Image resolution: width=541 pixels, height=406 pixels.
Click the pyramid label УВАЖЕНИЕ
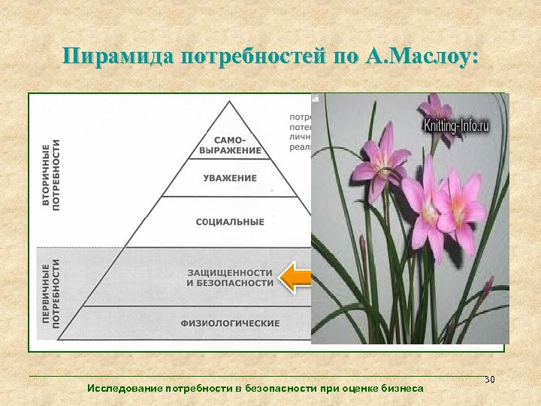pyautogui.click(x=230, y=178)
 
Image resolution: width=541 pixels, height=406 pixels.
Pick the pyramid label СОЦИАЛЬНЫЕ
pyautogui.click(x=230, y=222)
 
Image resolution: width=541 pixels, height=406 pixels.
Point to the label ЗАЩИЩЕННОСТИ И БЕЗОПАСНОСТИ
pyautogui.click(x=230, y=277)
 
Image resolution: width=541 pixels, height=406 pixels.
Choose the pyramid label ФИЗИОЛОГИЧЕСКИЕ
pyautogui.click(x=230, y=323)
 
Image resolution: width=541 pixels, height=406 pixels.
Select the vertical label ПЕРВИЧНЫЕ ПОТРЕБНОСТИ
pyautogui.click(x=51, y=292)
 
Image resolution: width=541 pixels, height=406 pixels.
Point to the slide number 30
pyautogui.click(x=490, y=380)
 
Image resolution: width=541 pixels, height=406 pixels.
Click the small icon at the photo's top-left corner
pyautogui.click(x=316, y=98)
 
